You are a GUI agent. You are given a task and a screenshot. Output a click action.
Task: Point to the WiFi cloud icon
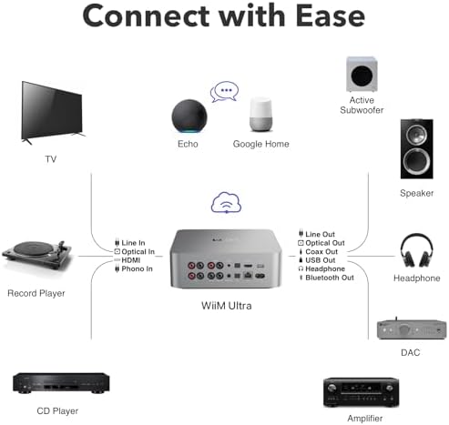(225, 202)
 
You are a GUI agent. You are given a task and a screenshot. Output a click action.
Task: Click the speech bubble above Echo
(223, 92)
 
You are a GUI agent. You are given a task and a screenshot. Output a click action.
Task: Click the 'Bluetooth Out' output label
(330, 278)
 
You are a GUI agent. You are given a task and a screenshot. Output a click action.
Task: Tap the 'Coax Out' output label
(321, 251)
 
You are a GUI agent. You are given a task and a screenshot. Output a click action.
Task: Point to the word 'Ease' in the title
(315, 17)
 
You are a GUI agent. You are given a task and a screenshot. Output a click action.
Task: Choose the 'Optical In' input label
(139, 251)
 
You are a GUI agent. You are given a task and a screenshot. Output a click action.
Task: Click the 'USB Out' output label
(321, 260)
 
